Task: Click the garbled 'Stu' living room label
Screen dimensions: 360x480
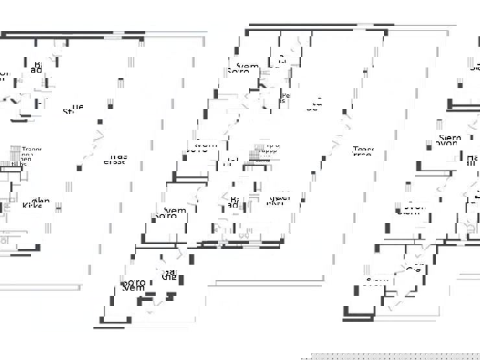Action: tap(73, 109)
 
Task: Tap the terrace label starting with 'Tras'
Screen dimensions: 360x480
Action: tap(115, 159)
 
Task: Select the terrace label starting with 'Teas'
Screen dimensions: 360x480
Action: tap(363, 152)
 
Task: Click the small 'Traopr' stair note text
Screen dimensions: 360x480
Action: tap(30, 150)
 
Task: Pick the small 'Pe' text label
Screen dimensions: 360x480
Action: tap(285, 97)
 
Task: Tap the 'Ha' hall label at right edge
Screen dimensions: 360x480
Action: tap(472, 160)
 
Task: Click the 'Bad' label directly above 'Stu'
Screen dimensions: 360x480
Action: tap(38, 67)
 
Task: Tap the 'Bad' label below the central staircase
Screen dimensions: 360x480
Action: tap(235, 202)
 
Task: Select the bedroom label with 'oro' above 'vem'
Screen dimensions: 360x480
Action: tap(133, 285)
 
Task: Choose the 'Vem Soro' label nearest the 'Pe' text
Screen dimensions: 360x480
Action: tap(243, 67)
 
